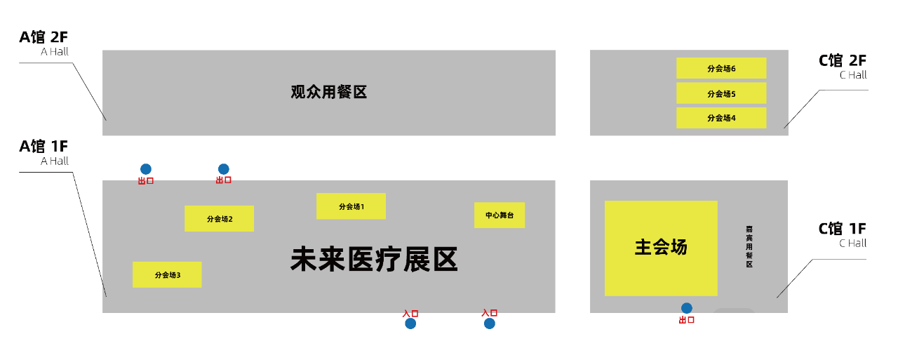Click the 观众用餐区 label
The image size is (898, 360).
[329, 92]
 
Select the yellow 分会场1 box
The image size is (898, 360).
[351, 206]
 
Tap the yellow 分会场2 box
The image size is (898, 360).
[219, 218]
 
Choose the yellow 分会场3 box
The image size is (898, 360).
[167, 274]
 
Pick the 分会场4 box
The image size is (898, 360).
[721, 118]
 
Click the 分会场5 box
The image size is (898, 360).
[721, 93]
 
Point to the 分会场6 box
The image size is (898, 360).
[721, 68]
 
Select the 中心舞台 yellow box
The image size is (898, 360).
[500, 215]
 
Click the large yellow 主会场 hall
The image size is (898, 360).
[661, 248]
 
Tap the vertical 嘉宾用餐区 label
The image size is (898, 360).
[749, 246]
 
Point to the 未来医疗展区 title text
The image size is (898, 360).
[374, 259]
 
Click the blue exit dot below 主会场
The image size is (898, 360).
[687, 308]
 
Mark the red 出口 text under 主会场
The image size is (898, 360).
[686, 320]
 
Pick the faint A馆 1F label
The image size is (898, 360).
[43, 147]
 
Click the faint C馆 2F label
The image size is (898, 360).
[843, 61]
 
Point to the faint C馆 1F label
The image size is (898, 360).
[843, 229]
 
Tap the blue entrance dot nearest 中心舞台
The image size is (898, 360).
[490, 324]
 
